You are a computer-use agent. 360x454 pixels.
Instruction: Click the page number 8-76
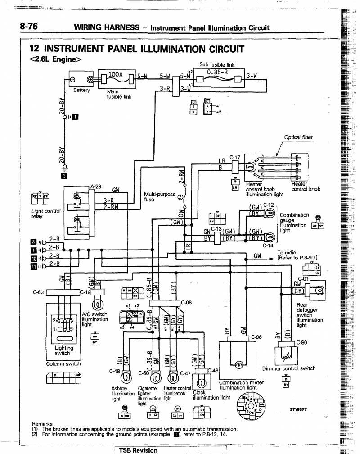coord(28,27)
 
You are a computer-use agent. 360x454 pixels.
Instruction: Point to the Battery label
coord(82,90)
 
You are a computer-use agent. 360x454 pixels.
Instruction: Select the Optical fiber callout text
coord(298,137)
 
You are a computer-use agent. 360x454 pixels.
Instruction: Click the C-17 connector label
coord(235,157)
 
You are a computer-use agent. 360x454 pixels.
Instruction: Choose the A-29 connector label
coord(96,186)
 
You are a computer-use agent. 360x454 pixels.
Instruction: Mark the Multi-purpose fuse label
coord(160,196)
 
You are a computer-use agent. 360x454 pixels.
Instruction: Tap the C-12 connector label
coord(269,205)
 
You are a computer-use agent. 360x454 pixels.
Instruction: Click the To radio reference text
coord(297,255)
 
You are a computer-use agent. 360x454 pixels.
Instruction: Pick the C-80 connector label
coord(301,342)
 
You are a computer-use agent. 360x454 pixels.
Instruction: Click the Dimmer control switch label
coord(289,368)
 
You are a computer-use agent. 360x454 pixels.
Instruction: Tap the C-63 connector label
coord(38,292)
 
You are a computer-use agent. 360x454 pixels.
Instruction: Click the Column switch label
coord(63,363)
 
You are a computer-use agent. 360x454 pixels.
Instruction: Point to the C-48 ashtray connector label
coord(114,372)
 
